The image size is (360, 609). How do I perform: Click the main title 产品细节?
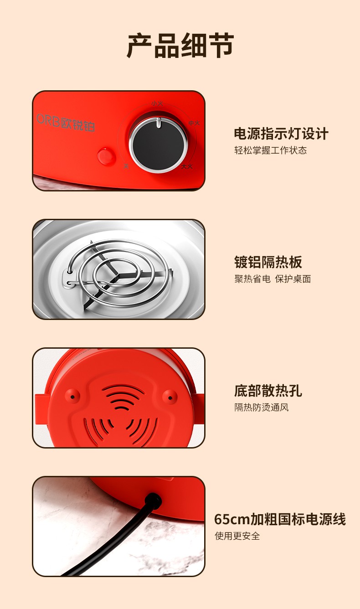tap(180, 46)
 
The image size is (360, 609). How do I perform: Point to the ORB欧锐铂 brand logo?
tap(66, 122)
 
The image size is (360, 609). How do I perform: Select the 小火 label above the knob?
tap(157, 103)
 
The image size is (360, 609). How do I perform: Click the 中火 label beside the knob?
tap(194, 123)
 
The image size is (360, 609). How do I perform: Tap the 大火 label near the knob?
tap(187, 166)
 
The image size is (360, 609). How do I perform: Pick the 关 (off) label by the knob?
tap(126, 166)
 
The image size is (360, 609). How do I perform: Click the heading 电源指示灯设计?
tap(281, 134)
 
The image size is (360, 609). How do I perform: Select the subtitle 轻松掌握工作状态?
tap(270, 150)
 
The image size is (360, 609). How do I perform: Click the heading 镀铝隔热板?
tap(268, 262)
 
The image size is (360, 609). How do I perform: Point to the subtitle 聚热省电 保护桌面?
tap(273, 279)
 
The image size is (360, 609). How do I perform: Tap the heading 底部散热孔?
tap(268, 391)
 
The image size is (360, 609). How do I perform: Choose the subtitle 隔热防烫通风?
tap(262, 407)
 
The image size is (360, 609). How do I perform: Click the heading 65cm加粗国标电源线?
tap(280, 519)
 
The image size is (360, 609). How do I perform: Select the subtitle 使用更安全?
tap(237, 536)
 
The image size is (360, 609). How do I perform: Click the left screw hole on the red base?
tap(72, 397)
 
